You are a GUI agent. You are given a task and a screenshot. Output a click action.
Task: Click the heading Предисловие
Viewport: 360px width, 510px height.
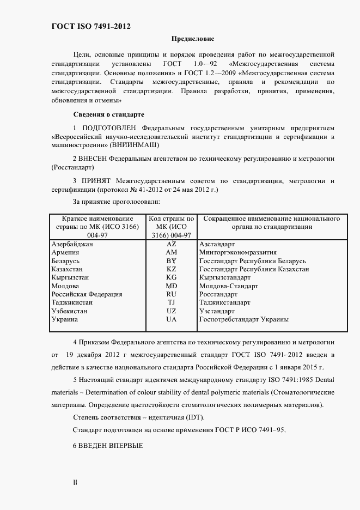coord(193,39)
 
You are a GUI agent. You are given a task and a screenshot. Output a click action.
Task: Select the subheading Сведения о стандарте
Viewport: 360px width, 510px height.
coord(108,115)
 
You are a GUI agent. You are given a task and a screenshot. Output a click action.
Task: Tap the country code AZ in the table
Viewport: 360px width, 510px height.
coord(172,244)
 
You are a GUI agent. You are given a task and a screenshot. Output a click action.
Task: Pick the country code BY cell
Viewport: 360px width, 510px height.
coord(172,261)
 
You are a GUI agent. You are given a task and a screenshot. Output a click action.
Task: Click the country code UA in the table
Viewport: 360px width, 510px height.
coord(172,319)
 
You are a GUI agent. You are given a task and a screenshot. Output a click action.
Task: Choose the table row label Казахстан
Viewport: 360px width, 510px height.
coord(67,269)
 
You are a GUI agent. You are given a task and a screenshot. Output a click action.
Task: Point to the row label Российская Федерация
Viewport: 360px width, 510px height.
coord(86,294)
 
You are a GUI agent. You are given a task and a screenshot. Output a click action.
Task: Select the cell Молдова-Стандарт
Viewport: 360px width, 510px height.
coord(229,286)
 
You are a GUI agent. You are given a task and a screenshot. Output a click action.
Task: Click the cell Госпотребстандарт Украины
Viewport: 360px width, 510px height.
coord(244,319)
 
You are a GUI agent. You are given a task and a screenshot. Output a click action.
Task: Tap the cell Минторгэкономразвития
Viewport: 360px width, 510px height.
coord(238,253)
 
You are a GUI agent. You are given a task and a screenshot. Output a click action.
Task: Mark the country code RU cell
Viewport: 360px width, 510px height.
coord(172,294)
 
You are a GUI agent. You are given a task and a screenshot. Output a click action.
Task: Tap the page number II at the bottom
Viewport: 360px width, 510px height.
coord(75,483)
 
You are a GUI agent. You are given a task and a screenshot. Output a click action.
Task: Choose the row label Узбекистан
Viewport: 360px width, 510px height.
coord(69,311)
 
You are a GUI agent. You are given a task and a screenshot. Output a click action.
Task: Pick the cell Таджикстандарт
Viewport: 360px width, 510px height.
coord(225,302)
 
